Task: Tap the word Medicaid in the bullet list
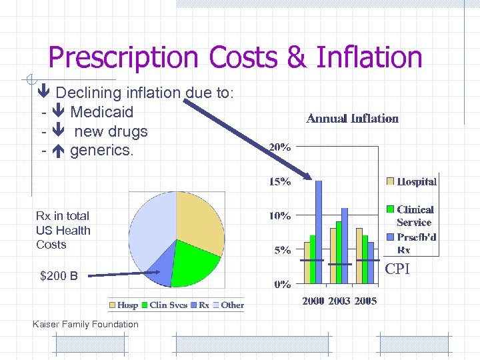click(x=101, y=112)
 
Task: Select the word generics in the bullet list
click(x=101, y=151)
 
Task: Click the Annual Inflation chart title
click(x=352, y=119)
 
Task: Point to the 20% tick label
click(x=280, y=147)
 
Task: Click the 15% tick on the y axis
click(x=280, y=181)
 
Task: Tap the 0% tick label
click(x=282, y=285)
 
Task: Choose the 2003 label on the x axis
click(x=339, y=301)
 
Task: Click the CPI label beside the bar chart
click(x=397, y=269)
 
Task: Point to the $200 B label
click(x=59, y=275)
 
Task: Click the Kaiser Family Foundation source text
click(x=85, y=325)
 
